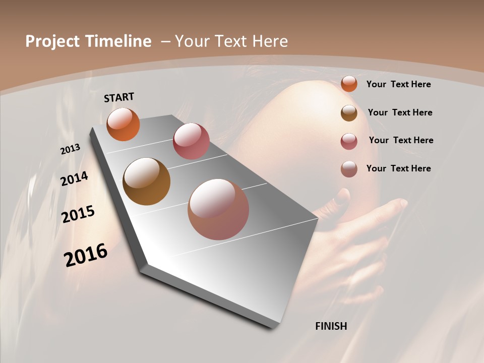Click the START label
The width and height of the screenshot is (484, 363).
pyautogui.click(x=119, y=97)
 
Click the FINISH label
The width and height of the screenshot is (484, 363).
pyautogui.click(x=331, y=326)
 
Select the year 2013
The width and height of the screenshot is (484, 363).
pyautogui.click(x=70, y=149)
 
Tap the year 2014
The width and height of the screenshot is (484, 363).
pyautogui.click(x=74, y=178)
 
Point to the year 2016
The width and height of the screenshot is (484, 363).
pyautogui.click(x=86, y=255)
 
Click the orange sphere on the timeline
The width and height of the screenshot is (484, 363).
pyautogui.click(x=123, y=125)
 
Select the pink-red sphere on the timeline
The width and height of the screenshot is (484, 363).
pyautogui.click(x=191, y=141)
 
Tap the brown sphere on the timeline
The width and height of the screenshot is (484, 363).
pyautogui.click(x=146, y=181)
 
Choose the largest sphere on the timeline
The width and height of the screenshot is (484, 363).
pyautogui.click(x=218, y=209)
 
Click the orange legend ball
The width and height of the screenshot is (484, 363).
pyautogui.click(x=349, y=84)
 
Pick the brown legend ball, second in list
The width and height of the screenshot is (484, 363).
pyautogui.click(x=349, y=113)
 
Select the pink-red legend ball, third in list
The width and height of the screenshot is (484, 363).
pyautogui.click(x=349, y=141)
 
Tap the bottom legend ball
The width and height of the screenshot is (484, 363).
pyautogui.click(x=349, y=169)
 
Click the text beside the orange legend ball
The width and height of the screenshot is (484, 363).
pyautogui.click(x=398, y=84)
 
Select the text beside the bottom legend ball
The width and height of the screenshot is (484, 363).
pyautogui.click(x=398, y=168)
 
